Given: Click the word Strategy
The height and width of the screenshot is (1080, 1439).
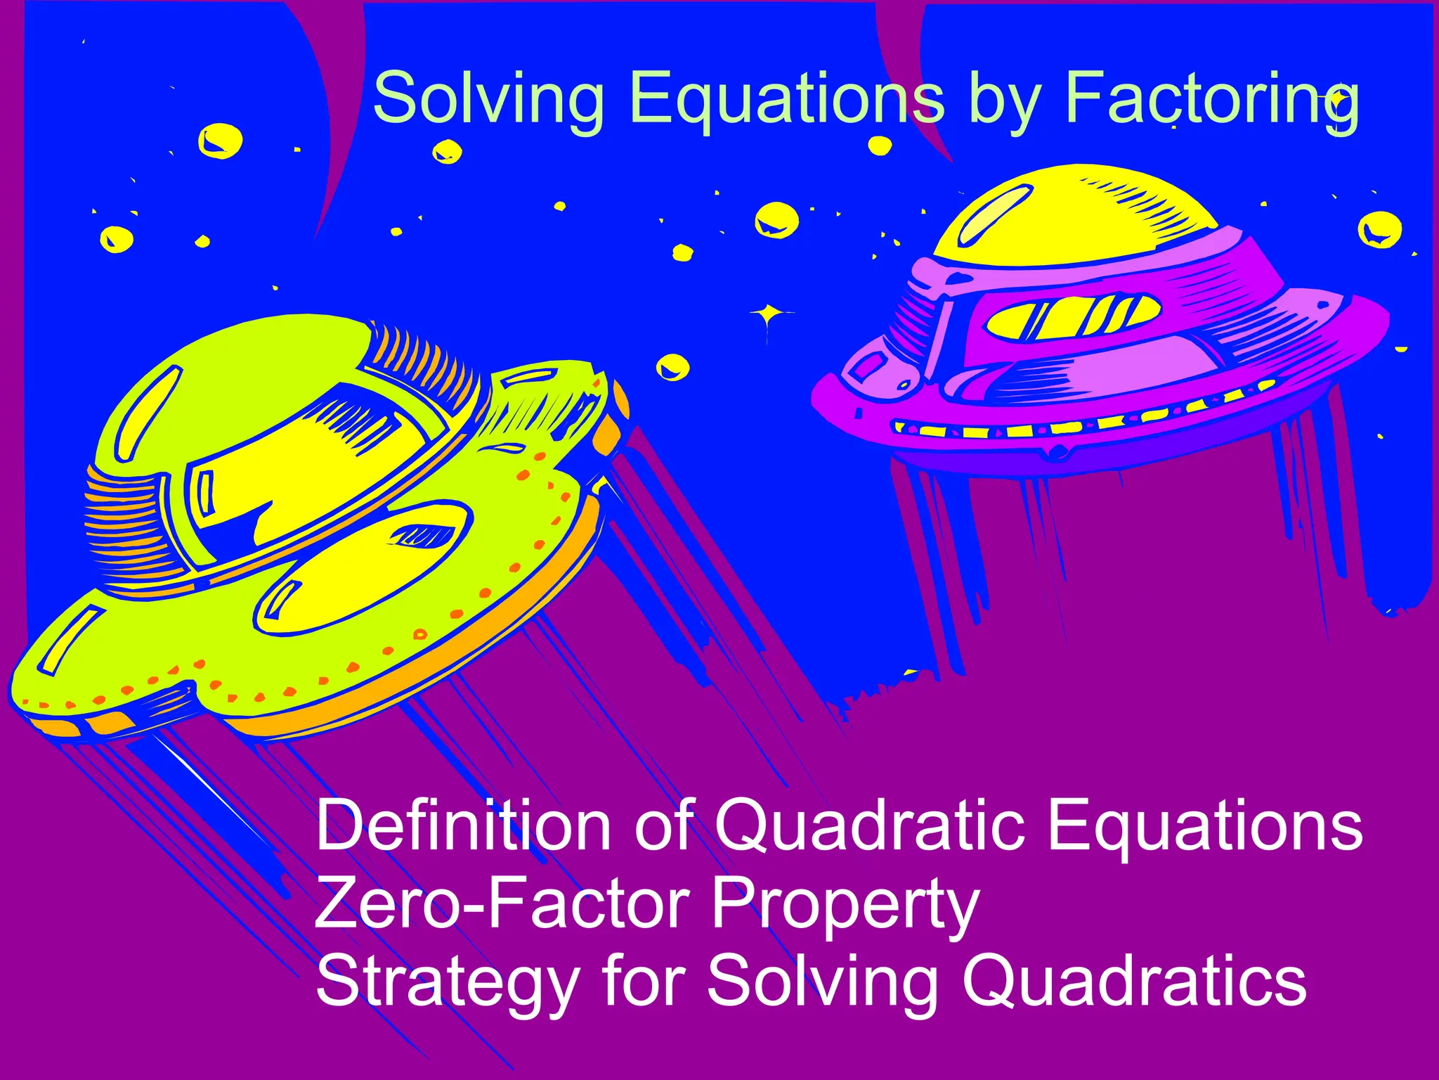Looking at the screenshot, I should point(447,983).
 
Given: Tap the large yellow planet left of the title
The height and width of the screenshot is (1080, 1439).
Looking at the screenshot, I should point(220,141).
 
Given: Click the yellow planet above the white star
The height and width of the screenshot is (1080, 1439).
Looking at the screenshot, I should point(776,220).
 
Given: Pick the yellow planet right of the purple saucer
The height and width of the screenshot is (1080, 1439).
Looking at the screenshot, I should point(1379,229).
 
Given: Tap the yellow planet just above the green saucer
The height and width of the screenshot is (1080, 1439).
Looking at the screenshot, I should point(672,366).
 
